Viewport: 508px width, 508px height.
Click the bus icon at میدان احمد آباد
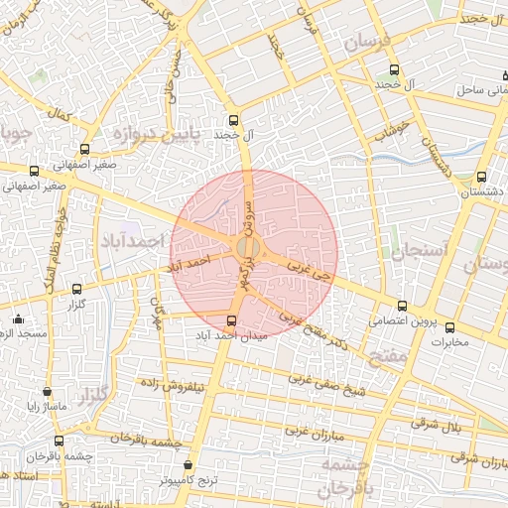232,320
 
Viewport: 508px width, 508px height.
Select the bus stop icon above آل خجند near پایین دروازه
233,117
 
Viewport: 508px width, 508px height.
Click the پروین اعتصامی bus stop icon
402,306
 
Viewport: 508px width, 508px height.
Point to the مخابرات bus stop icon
449,326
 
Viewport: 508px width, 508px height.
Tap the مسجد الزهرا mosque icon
19,319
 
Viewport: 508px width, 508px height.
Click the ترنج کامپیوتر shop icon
189,464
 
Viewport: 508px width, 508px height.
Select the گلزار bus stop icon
77,289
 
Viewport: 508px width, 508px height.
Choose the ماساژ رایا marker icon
48,392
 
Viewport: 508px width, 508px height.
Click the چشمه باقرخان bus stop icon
60,441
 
